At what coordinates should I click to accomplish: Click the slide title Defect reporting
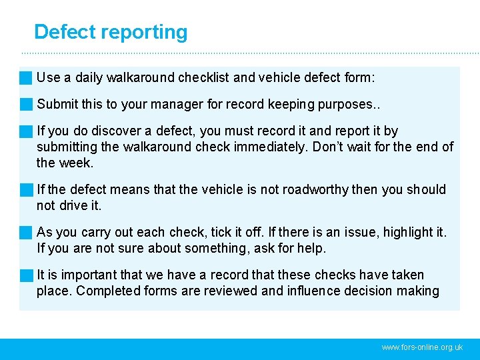[x=111, y=32]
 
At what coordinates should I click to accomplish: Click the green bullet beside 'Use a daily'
[x=26, y=78]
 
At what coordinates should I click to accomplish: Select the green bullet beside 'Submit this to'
[x=26, y=105]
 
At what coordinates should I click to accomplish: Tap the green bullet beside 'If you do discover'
[x=26, y=131]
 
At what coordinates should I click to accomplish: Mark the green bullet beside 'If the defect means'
[x=26, y=190]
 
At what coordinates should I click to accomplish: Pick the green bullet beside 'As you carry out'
[x=26, y=233]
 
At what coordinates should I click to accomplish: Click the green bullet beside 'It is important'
[x=26, y=275]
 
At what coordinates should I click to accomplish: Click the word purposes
[x=347, y=105]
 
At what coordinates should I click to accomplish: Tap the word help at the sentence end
[x=311, y=249]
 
